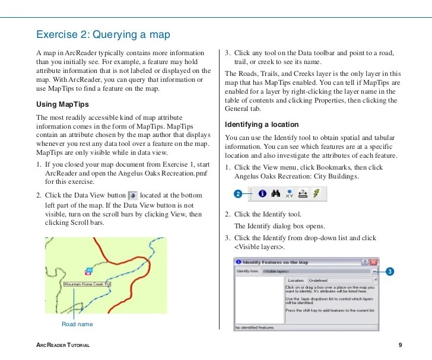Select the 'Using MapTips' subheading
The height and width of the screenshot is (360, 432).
(x=63, y=105)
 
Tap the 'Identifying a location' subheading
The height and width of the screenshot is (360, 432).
(x=261, y=125)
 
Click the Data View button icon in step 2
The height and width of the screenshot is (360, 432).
(x=133, y=195)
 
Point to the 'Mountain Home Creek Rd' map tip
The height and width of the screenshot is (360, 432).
(x=88, y=284)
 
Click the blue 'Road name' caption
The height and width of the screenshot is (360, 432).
(x=77, y=324)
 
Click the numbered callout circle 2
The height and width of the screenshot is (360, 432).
(x=238, y=194)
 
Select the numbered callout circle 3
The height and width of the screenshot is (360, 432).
(x=390, y=272)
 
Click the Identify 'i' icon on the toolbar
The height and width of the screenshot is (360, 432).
(x=262, y=193)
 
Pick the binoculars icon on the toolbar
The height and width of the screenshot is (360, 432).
(x=276, y=193)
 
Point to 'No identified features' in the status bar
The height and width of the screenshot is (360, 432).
(x=255, y=327)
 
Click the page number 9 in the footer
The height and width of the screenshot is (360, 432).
(x=401, y=345)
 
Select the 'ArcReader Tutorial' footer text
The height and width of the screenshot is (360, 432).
(x=63, y=345)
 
